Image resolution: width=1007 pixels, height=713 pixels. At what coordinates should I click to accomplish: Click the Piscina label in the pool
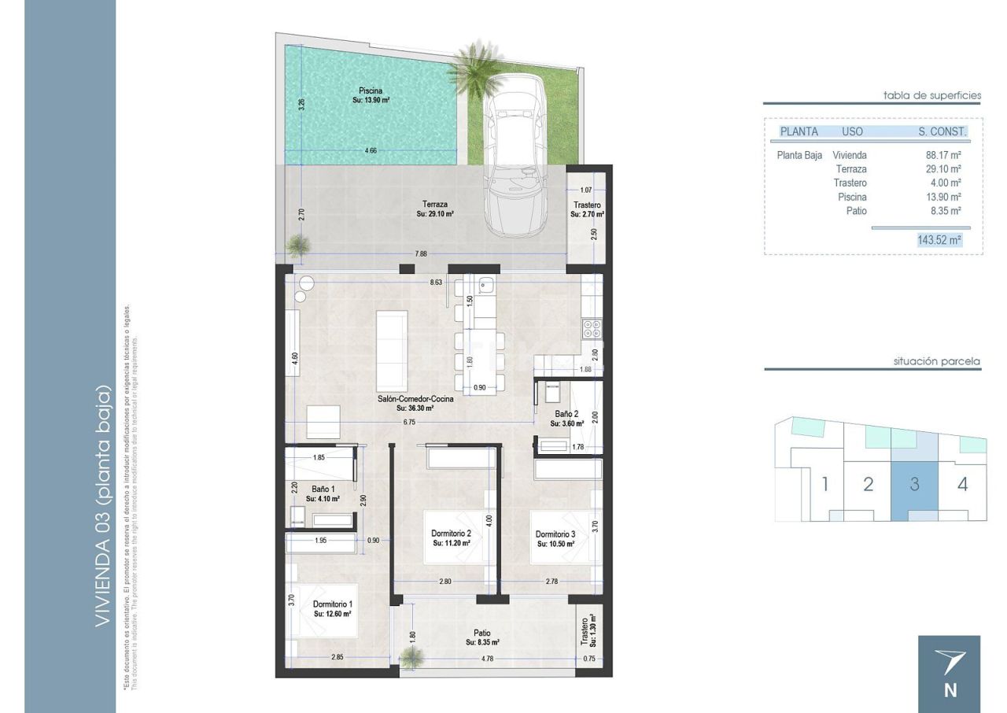click(x=370, y=91)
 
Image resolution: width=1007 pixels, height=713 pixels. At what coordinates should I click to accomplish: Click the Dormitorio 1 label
click(x=331, y=604)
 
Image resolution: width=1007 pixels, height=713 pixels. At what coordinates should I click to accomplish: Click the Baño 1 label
click(x=322, y=489)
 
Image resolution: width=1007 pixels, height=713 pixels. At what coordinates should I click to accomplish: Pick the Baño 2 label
click(x=566, y=413)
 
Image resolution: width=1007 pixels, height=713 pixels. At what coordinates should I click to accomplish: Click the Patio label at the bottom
click(x=482, y=633)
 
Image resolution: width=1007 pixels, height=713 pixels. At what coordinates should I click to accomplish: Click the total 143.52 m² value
click(x=939, y=240)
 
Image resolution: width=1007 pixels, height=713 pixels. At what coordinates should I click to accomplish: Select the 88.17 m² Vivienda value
click(x=943, y=155)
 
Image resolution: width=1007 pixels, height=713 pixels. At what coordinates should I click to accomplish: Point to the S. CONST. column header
click(x=942, y=131)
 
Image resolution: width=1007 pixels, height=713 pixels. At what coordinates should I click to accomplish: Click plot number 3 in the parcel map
click(x=914, y=484)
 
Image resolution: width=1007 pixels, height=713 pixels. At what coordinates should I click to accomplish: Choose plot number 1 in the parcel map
click(x=824, y=484)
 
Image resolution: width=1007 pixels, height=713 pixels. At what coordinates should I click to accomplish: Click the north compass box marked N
click(x=950, y=674)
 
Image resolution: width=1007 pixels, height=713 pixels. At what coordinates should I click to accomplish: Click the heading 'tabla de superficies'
click(x=932, y=95)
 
